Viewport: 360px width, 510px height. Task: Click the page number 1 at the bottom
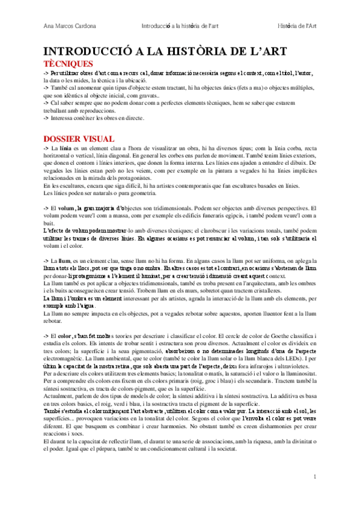click(314, 477)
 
